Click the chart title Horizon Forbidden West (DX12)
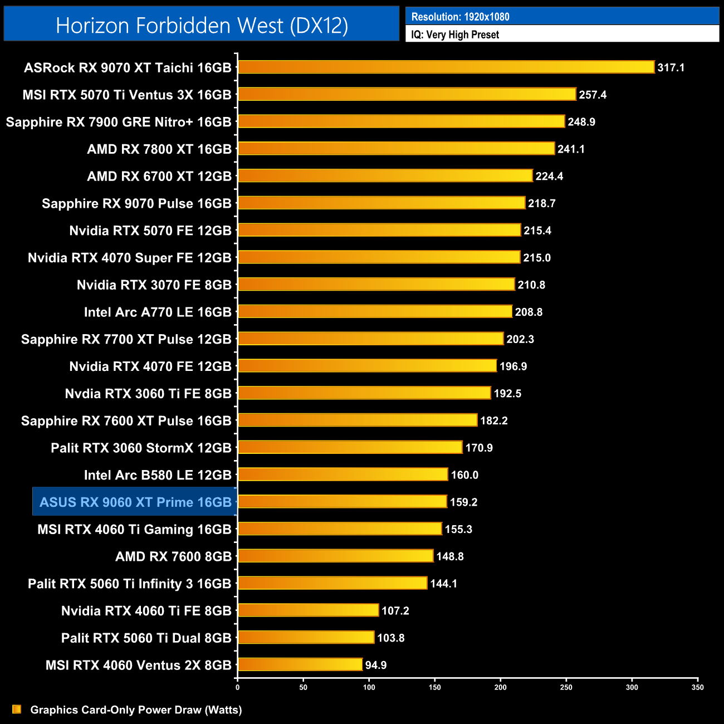(202, 26)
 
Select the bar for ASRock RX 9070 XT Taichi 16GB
(446, 67)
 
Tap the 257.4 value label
(593, 95)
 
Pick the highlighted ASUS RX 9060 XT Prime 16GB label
(135, 502)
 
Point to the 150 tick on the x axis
(435, 687)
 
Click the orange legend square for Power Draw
(17, 709)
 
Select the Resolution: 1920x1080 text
(460, 17)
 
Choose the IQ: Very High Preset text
(455, 35)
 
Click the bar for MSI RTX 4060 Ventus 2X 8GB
(300, 664)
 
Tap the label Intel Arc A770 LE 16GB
(158, 312)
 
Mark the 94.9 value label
(376, 665)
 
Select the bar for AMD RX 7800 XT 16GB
(396, 149)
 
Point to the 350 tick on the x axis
(698, 687)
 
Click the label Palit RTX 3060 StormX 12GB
(141, 448)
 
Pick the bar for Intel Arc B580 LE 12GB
(343, 474)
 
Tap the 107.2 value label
(395, 611)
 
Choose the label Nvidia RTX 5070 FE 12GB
(150, 231)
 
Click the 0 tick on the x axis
(238, 687)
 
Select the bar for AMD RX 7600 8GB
(335, 556)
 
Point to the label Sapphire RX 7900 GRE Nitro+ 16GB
(119, 122)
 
